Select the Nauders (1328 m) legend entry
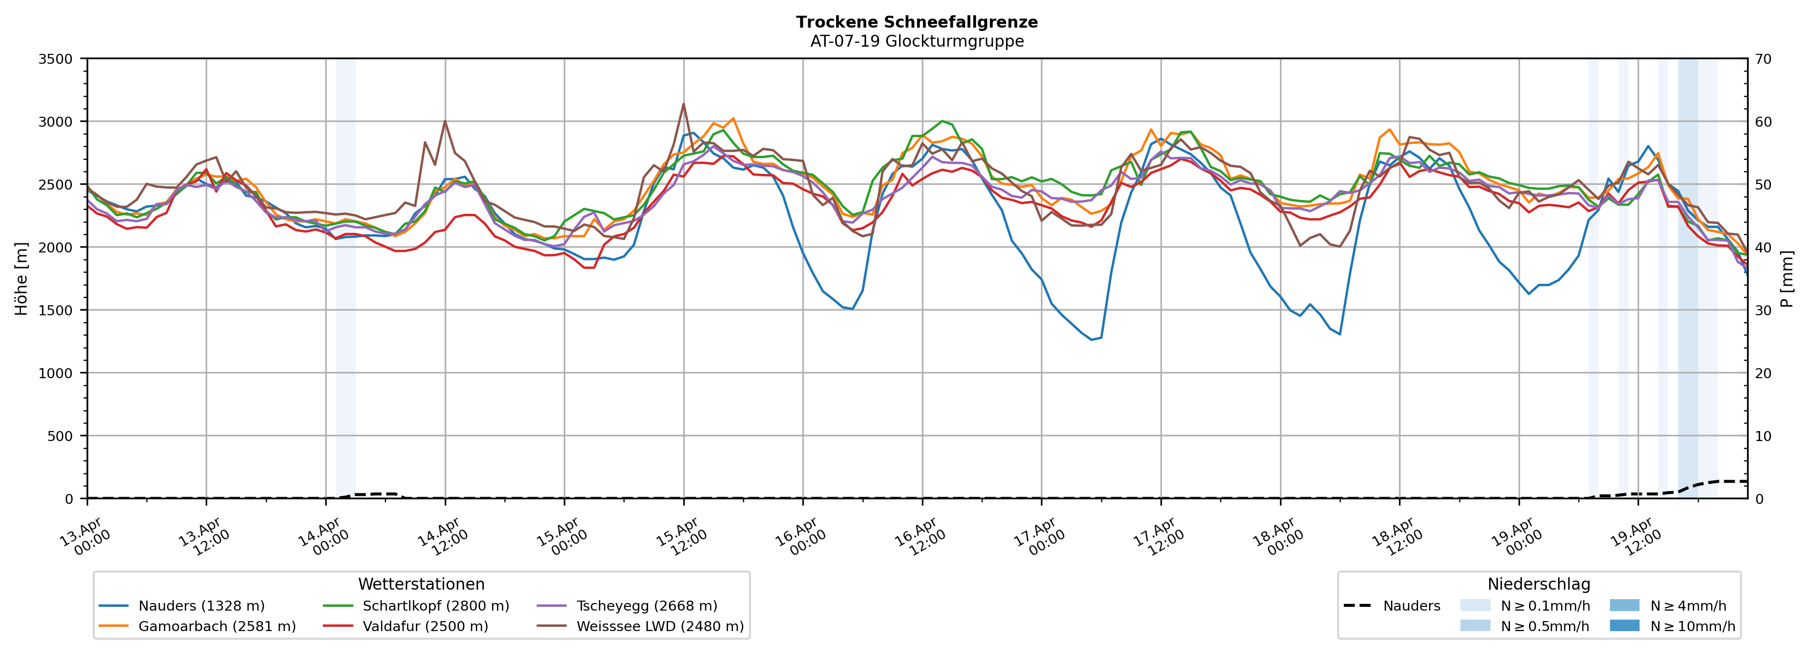pyautogui.click(x=201, y=606)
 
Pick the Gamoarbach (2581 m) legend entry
pyautogui.click(x=216, y=626)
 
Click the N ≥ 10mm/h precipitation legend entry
pyautogui.click(x=1692, y=626)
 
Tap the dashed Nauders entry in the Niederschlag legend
pyautogui.click(x=1411, y=606)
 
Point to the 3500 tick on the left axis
pyautogui.click(x=56, y=59)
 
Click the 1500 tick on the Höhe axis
pyautogui.click(x=56, y=311)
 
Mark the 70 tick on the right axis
pyautogui.click(x=1763, y=59)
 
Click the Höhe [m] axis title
pyautogui.click(x=22, y=278)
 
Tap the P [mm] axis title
pyautogui.click(x=1787, y=278)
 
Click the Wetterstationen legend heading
pyautogui.click(x=421, y=584)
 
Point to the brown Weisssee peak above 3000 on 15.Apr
pyautogui.click(x=683, y=104)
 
